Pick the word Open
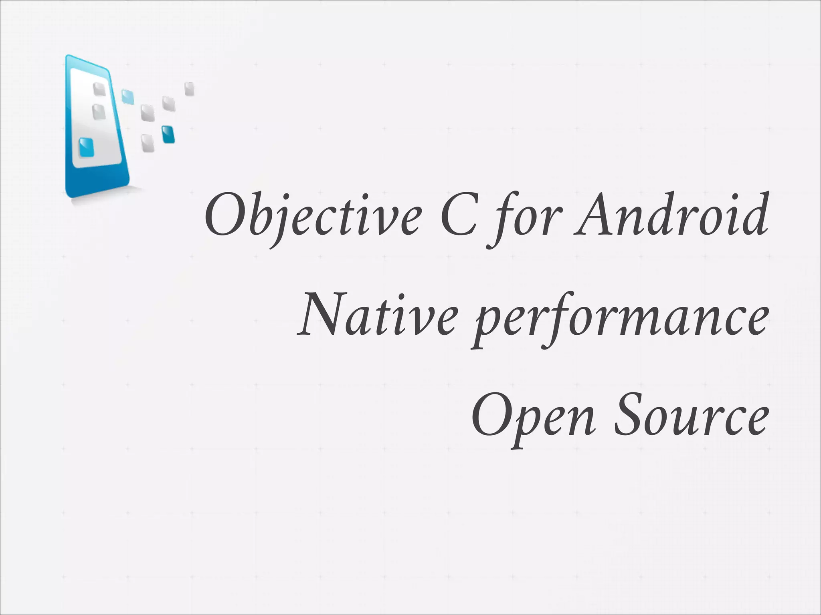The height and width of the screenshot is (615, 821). (x=533, y=420)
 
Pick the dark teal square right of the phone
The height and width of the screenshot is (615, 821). (x=168, y=135)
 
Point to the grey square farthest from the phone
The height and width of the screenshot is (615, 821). (x=189, y=89)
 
